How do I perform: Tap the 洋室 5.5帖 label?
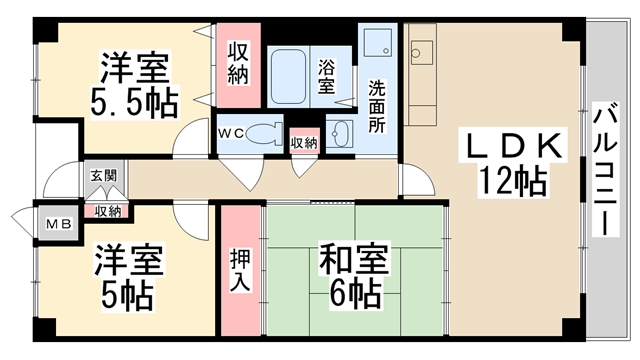point(134,84)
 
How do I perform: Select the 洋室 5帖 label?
point(128,277)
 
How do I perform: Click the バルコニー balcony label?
point(606,169)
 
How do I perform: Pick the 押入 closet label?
point(240,270)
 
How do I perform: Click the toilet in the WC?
point(265,133)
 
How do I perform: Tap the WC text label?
point(230,133)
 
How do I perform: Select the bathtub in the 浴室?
point(288,77)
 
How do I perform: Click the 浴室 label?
point(327,76)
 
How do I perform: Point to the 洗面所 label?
point(377,107)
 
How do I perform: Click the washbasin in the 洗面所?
point(340,133)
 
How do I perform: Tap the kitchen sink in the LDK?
point(421,53)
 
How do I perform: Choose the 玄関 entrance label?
point(104,176)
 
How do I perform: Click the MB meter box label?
point(58,224)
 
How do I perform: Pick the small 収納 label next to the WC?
point(304,143)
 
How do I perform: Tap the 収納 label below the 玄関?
point(108,211)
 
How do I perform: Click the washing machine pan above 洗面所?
point(378,42)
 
